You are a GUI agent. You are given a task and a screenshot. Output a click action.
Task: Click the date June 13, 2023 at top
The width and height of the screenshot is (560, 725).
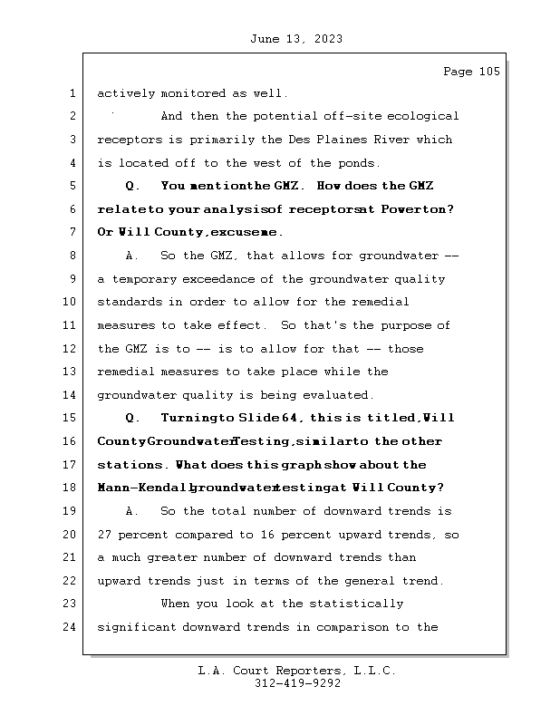click(294, 39)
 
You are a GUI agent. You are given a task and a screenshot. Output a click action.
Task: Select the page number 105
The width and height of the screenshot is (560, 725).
click(489, 72)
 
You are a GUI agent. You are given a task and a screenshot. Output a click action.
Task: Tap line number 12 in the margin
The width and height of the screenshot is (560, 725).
click(71, 349)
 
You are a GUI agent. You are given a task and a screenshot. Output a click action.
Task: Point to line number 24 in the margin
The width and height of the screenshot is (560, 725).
click(71, 627)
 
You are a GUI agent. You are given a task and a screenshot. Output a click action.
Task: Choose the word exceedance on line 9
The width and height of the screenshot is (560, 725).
click(219, 279)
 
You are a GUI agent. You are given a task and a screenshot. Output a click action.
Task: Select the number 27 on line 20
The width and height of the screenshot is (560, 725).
click(105, 535)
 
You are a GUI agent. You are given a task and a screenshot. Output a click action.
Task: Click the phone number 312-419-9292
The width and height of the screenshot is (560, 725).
click(297, 684)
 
